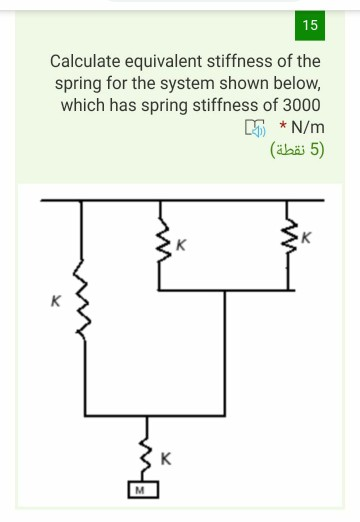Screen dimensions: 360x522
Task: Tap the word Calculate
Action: pyautogui.click(x=90, y=62)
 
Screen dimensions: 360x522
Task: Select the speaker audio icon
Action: pyautogui.click(x=256, y=128)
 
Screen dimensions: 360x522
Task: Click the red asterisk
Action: pyautogui.click(x=284, y=127)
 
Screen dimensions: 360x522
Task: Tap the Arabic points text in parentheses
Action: pyautogui.click(x=297, y=151)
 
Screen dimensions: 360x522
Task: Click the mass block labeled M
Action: pyautogui.click(x=142, y=491)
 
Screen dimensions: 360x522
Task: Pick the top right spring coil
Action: pyautogui.click(x=291, y=240)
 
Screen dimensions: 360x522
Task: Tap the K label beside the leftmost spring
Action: pyautogui.click(x=57, y=299)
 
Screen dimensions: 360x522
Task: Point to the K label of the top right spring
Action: pyautogui.click(x=309, y=237)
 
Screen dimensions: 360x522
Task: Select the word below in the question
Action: pyautogui.click(x=292, y=84)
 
